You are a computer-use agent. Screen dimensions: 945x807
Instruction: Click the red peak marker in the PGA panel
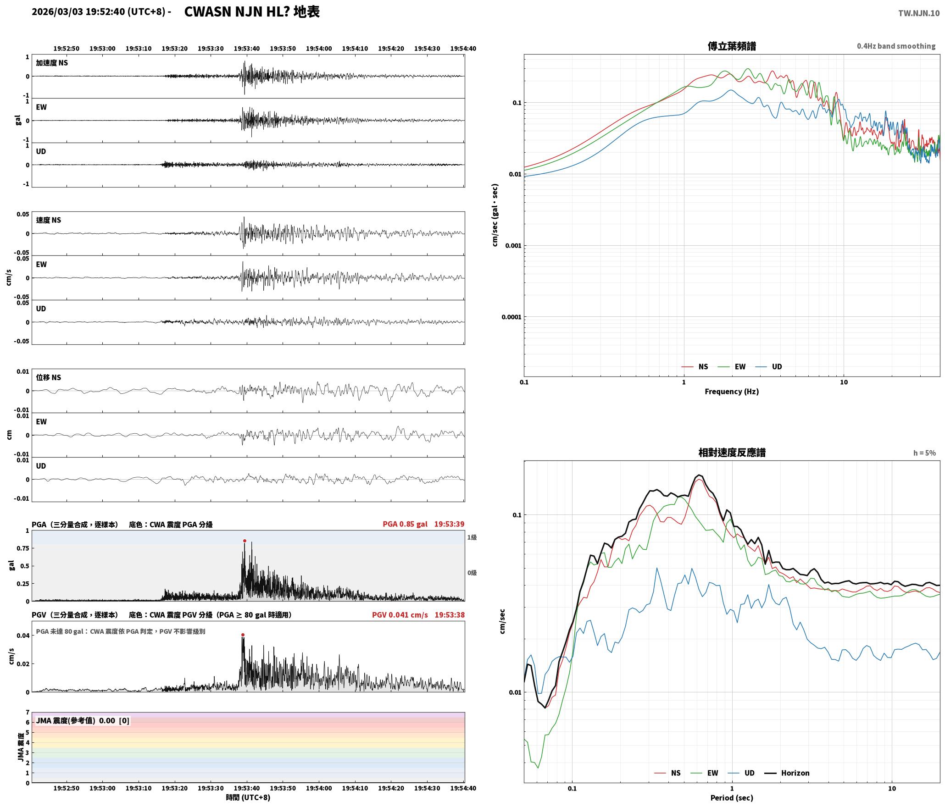(245, 541)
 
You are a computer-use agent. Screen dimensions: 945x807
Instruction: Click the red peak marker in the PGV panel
(243, 635)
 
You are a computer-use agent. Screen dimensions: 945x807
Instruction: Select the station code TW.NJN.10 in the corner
(918, 13)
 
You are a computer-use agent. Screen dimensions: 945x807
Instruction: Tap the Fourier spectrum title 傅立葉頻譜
(732, 46)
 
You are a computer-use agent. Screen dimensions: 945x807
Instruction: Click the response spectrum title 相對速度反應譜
(732, 453)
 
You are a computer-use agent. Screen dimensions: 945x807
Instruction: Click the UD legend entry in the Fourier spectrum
(769, 367)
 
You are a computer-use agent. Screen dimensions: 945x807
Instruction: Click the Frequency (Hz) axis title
(732, 392)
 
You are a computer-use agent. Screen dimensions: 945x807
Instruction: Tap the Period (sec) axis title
(732, 798)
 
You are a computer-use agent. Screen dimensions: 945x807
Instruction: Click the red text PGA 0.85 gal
(405, 524)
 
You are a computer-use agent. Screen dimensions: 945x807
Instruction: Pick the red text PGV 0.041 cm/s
(400, 615)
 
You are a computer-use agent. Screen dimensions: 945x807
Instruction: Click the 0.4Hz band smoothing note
(896, 46)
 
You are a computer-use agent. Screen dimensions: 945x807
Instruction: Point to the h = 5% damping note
(924, 453)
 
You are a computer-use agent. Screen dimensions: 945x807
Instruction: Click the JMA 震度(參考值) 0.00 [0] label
(83, 721)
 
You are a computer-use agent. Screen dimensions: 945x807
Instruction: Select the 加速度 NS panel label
(52, 63)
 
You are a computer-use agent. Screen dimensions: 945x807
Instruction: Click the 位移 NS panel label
(49, 377)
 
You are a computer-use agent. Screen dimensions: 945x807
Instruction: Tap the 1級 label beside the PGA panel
(472, 537)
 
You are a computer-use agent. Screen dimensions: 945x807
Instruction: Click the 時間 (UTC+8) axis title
(248, 798)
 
